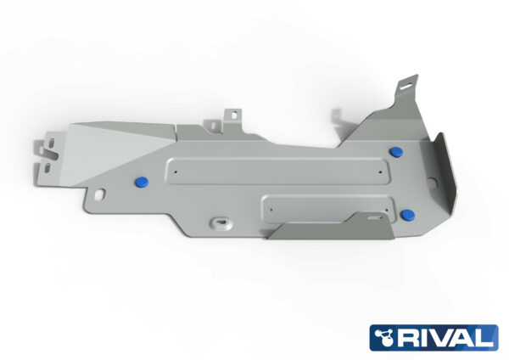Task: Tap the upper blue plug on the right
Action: (397, 151)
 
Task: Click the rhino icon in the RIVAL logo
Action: (386, 338)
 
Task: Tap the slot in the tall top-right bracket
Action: (408, 84)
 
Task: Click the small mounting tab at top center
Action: (231, 115)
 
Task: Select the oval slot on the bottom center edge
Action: (221, 222)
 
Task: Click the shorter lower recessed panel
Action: (327, 205)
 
